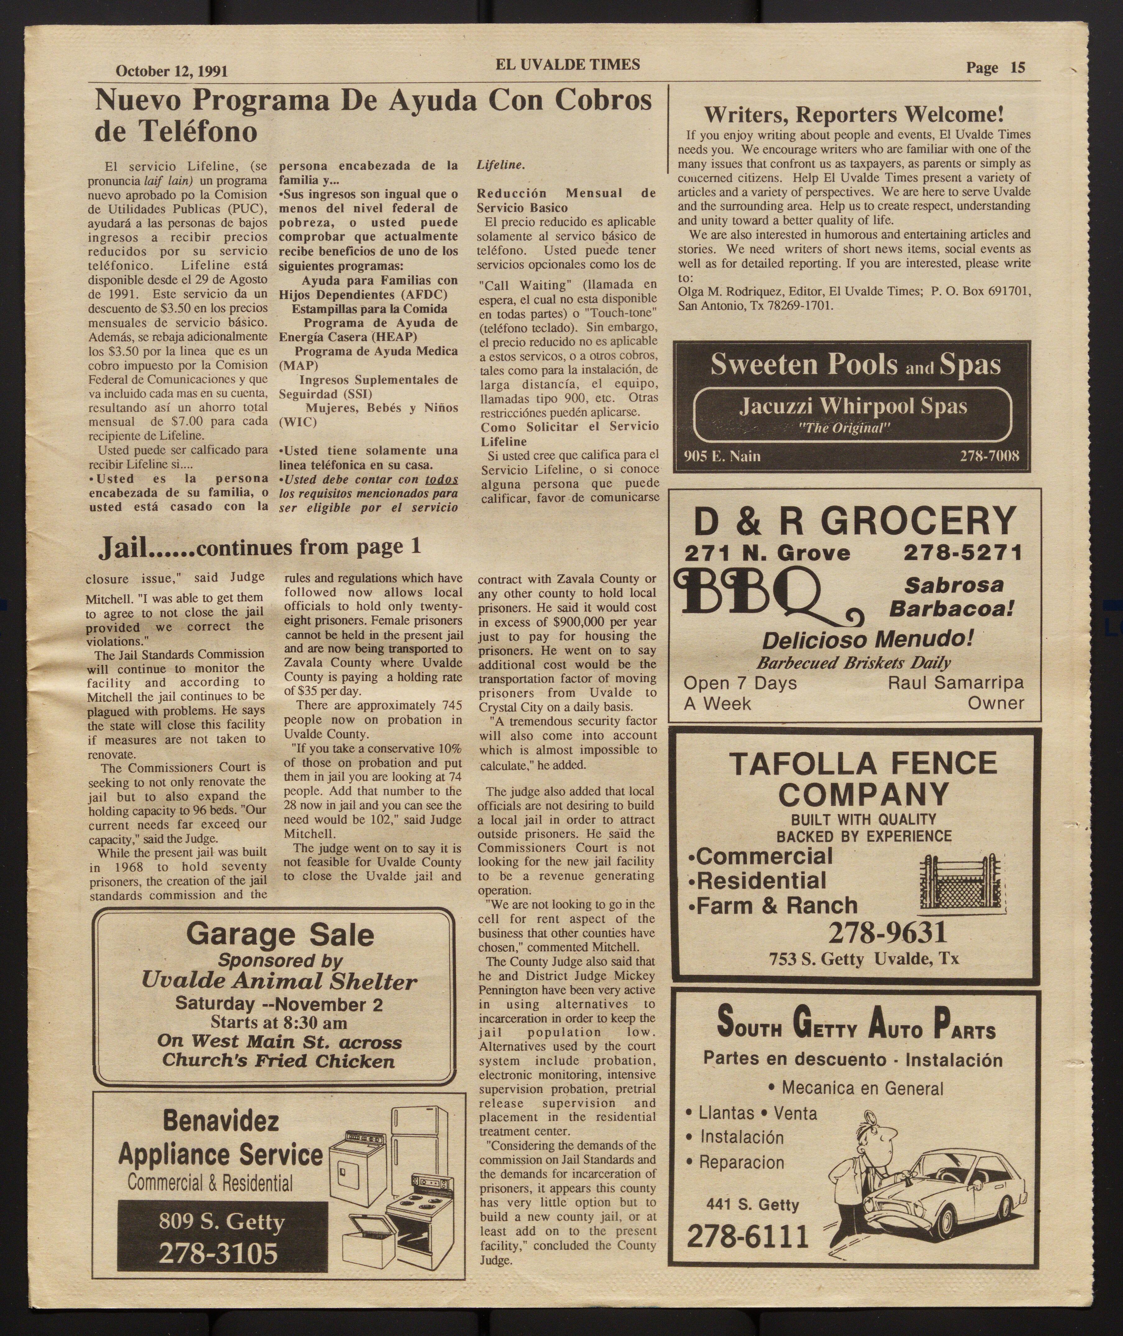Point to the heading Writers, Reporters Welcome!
(854, 115)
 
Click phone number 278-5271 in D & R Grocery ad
(963, 552)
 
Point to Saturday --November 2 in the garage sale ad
(279, 1004)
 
